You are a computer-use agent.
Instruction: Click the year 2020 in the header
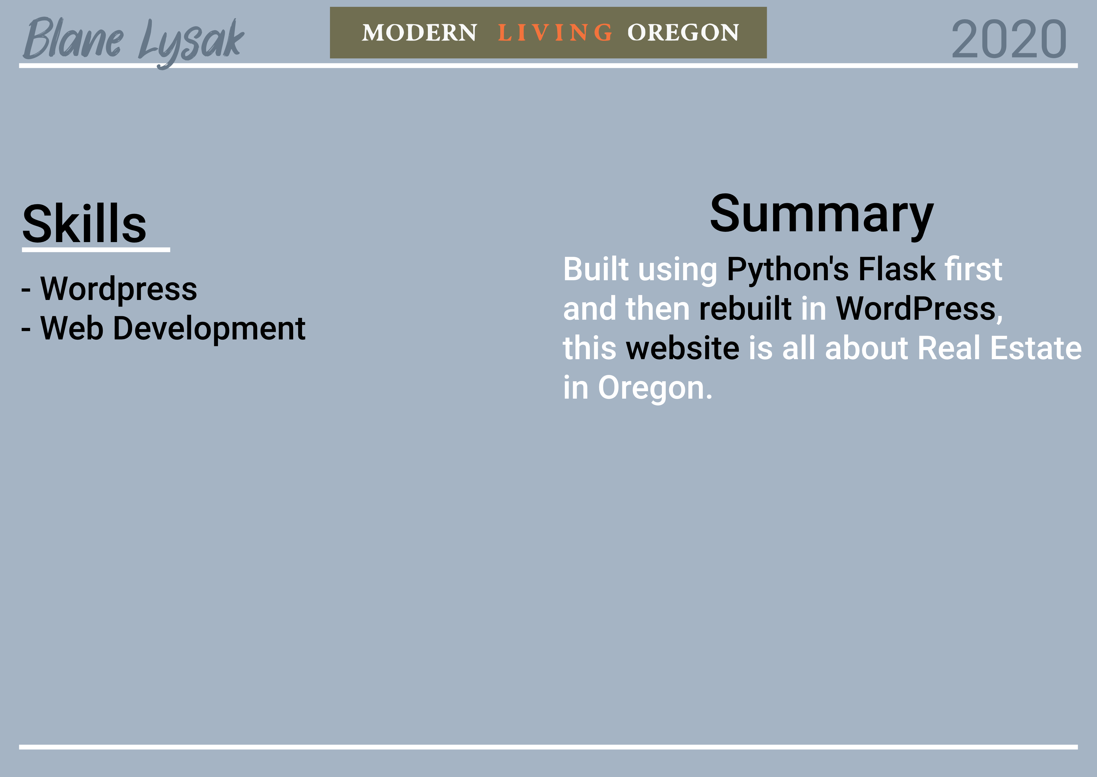pyautogui.click(x=1009, y=40)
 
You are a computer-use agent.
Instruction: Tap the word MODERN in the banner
pyautogui.click(x=420, y=33)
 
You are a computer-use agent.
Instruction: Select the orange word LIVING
pyautogui.click(x=555, y=33)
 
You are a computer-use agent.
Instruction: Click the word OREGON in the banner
pyautogui.click(x=683, y=33)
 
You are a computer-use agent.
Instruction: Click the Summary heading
pyautogui.click(x=822, y=215)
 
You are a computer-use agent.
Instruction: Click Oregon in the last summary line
pyautogui.click(x=655, y=388)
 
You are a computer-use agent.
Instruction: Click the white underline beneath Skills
pyautogui.click(x=96, y=249)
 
